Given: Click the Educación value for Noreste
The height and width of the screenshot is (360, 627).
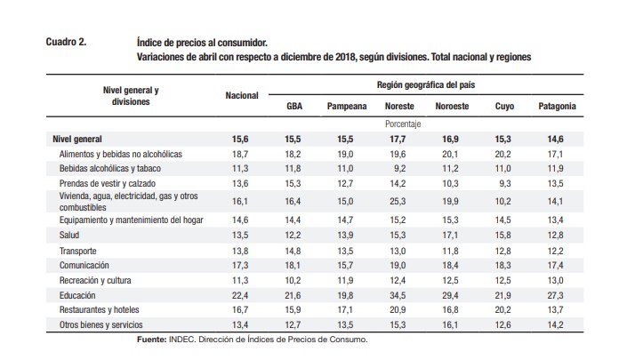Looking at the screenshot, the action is tap(398, 295).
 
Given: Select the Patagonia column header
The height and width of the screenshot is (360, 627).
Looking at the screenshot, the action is tap(557, 107).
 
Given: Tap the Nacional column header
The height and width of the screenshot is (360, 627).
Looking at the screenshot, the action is tap(242, 95).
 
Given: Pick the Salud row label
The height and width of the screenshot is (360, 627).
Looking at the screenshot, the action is tap(69, 235).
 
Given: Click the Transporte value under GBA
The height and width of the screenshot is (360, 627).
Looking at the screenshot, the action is tap(293, 251).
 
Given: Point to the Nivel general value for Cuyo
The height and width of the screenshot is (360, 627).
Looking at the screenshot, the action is tap(502, 139).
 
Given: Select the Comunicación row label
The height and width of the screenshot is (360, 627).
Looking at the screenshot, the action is tap(84, 265).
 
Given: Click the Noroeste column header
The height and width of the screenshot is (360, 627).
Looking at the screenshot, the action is tap(452, 107).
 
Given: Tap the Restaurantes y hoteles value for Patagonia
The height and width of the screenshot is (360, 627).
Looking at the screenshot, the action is tap(556, 309).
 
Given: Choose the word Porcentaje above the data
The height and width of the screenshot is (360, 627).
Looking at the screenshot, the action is tap(403, 124).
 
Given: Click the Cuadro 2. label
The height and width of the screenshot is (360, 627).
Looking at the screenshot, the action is tap(66, 42).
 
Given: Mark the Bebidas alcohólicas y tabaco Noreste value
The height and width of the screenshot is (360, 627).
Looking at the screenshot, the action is tap(400, 169).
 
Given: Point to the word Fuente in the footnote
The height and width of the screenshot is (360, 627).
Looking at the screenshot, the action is tap(151, 340).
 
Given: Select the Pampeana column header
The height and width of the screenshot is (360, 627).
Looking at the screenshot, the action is tap(347, 107).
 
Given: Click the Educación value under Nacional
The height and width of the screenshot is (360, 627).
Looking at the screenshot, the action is tap(240, 295).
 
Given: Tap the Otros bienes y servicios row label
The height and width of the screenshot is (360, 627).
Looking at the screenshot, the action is tap(100, 324).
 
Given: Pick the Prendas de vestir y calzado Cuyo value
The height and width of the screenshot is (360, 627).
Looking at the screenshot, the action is tap(505, 183).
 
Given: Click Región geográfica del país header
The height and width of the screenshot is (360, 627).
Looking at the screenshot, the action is tap(426, 85).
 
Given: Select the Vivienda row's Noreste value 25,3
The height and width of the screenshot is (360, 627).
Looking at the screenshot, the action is tap(398, 201).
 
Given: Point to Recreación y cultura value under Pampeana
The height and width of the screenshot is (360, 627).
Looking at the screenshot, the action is tap(345, 281).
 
